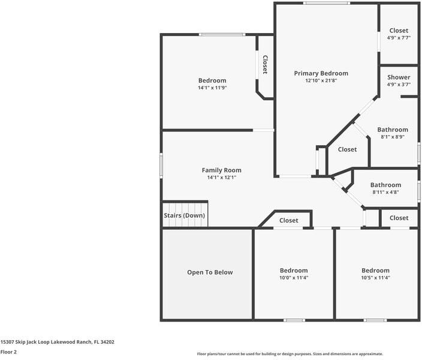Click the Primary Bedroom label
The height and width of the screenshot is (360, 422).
tap(321, 73)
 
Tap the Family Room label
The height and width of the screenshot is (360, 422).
tap(221, 170)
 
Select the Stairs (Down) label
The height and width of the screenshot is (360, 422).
tap(184, 215)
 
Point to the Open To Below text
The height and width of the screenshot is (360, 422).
tap(209, 272)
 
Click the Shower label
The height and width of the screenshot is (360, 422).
tap(399, 77)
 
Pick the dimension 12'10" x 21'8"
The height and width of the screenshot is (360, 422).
tap(321, 80)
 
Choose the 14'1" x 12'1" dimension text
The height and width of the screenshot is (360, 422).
tap(221, 178)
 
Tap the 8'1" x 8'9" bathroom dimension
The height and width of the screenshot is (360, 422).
tap(393, 137)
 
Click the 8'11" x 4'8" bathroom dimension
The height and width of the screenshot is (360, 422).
tap(385, 193)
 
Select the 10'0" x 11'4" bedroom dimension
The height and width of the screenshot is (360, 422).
tap(294, 278)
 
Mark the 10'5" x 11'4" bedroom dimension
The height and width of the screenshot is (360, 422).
tap(375, 278)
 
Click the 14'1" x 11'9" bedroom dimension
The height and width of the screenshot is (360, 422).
tap(212, 88)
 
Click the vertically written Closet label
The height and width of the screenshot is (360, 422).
tap(264, 65)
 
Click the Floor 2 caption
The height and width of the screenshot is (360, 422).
tap(8, 352)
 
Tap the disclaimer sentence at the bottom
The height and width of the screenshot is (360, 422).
tap(290, 354)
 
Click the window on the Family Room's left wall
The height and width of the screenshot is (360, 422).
tap(161, 164)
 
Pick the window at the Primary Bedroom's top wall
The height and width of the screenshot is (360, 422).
tap(326, 4)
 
